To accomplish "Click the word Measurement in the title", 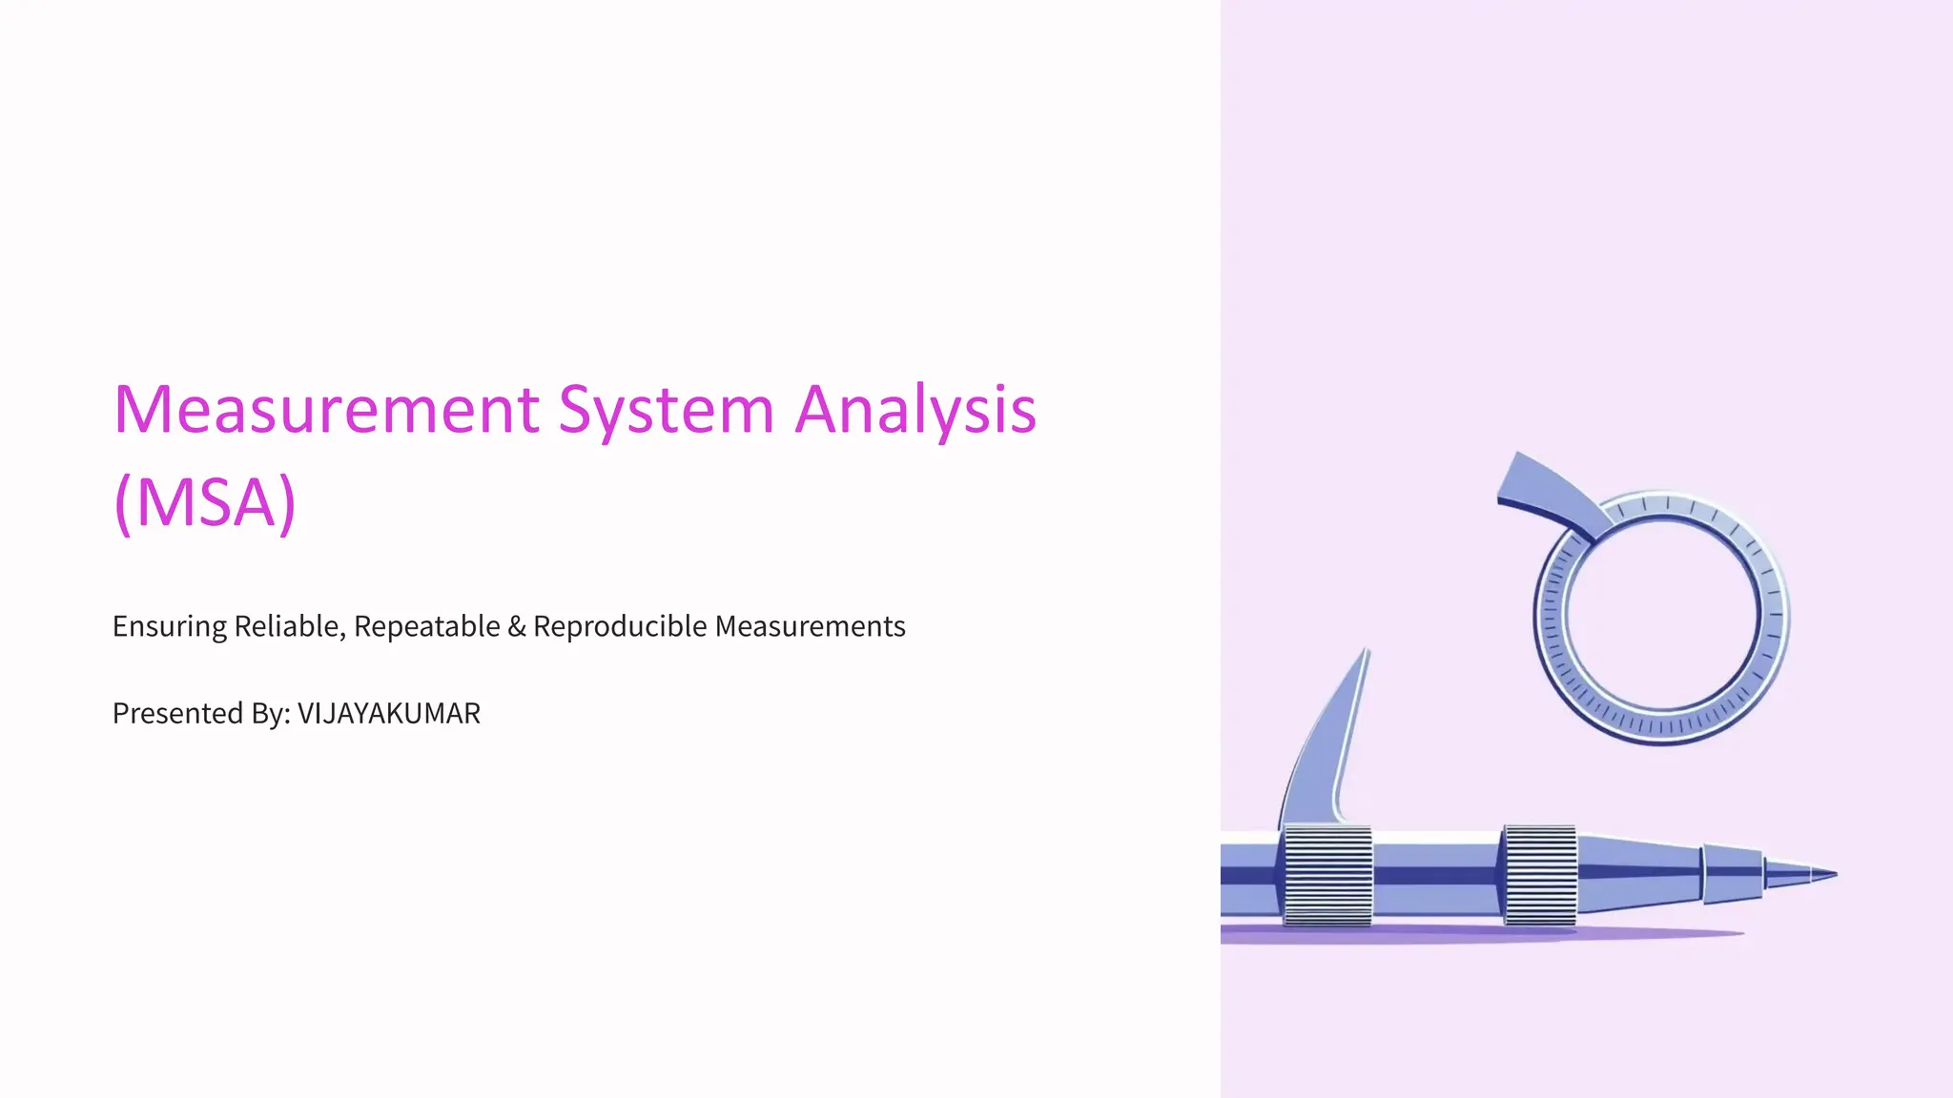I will point(326,410).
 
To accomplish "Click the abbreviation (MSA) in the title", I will point(205,502).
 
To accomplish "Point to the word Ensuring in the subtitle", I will point(170,627).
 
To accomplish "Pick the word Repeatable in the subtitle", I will point(426,626).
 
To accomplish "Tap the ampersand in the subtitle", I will point(517,626).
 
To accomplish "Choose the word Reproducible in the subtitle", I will point(620,626).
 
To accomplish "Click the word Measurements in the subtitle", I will point(810,626).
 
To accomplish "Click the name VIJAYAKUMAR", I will point(389,713).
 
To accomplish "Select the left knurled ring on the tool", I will point(1327,875).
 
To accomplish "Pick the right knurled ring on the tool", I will point(1539,875).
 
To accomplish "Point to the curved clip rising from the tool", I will point(1329,743).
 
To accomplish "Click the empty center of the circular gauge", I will point(1662,615).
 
